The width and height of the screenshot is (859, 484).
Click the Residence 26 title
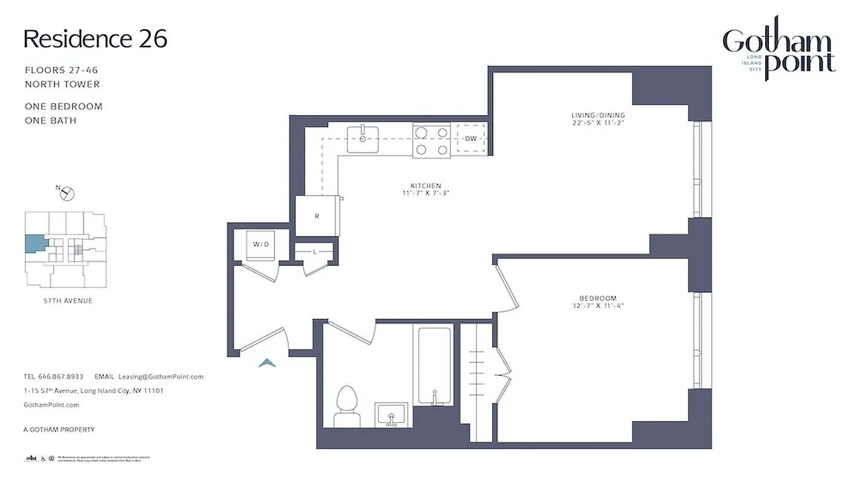95,39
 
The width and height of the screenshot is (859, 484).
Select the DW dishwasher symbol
471,139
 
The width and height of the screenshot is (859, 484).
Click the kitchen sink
363,139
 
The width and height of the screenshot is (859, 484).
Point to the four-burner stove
432,140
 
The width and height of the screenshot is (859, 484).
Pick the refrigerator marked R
317,216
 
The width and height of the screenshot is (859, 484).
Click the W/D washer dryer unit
261,245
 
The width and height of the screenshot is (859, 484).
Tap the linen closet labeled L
314,251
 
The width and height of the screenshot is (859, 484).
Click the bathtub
435,365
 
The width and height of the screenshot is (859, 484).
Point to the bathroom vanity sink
392,415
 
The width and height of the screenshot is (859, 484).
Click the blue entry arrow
267,362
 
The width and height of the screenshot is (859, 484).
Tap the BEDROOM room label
597,298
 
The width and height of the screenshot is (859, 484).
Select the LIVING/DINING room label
598,115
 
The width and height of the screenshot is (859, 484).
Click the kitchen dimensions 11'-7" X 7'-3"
426,193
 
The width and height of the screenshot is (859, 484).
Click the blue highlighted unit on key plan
34,244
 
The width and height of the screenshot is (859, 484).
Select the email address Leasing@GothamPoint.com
161,376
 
